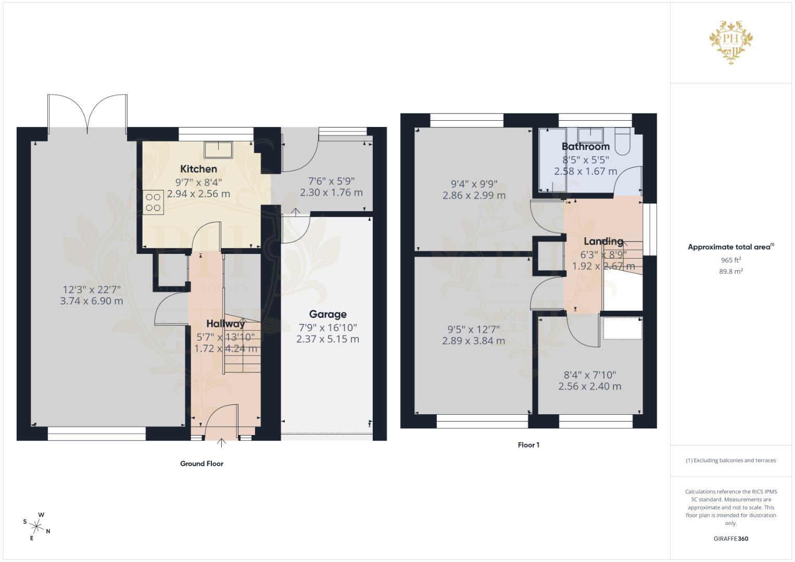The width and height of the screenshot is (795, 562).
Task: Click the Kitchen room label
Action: click(x=198, y=169)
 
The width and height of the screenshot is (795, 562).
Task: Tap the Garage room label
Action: click(x=327, y=314)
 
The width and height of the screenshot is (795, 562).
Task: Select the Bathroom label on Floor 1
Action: click(x=585, y=147)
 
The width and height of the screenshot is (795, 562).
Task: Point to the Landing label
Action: click(x=603, y=241)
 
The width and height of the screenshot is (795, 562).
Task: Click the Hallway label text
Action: click(x=225, y=324)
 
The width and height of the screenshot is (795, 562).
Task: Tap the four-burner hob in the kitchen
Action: click(x=153, y=202)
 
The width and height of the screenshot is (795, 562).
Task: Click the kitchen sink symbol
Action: click(x=218, y=150)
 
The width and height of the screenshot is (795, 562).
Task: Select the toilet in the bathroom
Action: click(x=622, y=139)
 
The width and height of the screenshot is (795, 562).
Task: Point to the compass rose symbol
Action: click(x=37, y=526)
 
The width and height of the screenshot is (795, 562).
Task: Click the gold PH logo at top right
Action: click(x=731, y=42)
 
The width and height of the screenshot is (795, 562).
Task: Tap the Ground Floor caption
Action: click(x=201, y=464)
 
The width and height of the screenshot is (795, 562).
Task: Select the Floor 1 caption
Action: click(x=528, y=445)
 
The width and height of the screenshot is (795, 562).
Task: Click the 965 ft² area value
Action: click(x=730, y=260)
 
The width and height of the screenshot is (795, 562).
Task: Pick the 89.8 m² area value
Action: click(x=730, y=271)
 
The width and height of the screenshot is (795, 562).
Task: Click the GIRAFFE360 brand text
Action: click(x=730, y=539)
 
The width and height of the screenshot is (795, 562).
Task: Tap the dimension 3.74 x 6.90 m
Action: click(x=92, y=301)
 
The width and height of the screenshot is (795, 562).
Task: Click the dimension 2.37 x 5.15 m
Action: click(x=327, y=339)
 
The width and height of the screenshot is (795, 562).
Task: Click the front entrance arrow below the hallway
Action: click(x=221, y=443)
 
